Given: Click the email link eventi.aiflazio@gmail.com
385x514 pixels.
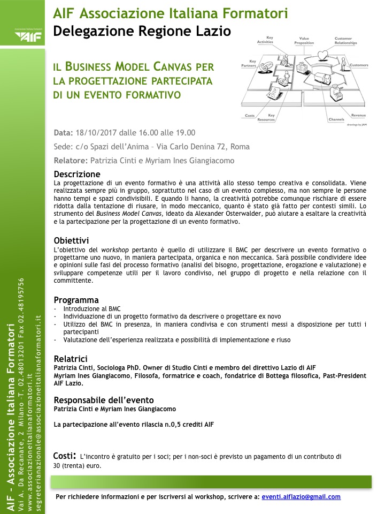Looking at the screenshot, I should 301,497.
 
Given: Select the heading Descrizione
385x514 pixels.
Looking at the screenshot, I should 77,175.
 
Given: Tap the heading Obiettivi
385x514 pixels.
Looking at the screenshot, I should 71,240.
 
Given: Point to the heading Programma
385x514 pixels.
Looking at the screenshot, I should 76,300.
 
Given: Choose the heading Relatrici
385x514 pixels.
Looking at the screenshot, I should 71,359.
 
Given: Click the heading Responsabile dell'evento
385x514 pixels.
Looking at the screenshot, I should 104,400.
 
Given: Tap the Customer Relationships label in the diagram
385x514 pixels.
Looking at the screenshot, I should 343,41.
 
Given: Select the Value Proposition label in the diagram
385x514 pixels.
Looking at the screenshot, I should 304,41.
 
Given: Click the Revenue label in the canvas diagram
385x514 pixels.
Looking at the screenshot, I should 358,115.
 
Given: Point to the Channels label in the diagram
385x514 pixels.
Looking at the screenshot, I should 336,119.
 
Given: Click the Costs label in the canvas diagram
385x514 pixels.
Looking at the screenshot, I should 250,116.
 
